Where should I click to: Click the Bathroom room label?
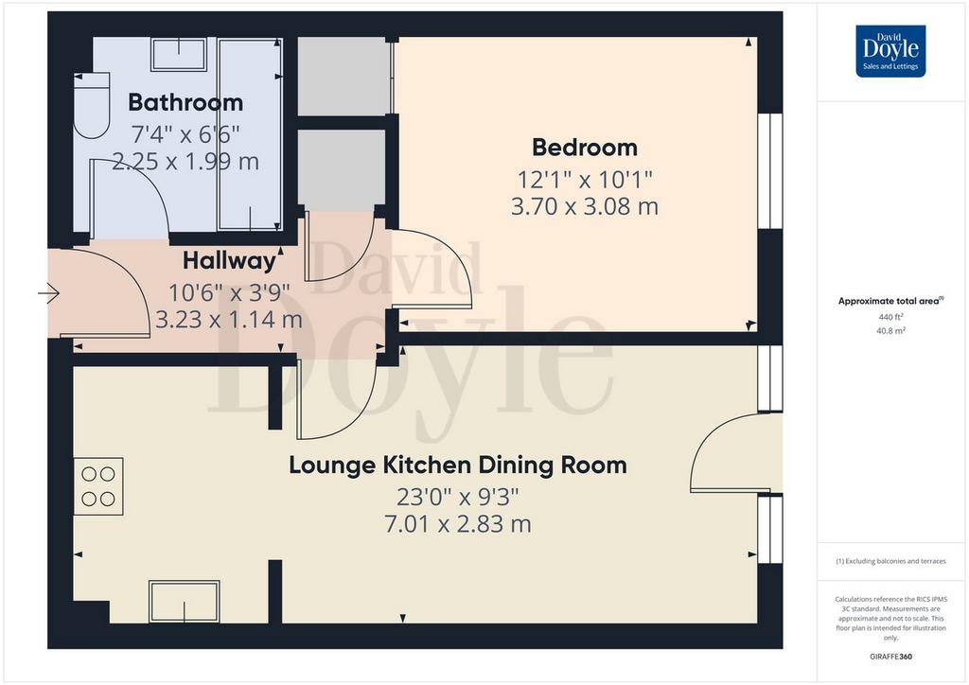[x=185, y=102]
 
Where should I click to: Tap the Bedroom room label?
[x=585, y=148]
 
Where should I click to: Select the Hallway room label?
[x=229, y=260]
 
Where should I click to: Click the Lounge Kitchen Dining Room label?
[x=458, y=465]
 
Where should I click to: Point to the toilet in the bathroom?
[x=92, y=105]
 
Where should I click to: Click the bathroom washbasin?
[x=179, y=54]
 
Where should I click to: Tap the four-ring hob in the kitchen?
[x=98, y=486]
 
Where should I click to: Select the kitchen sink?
[x=185, y=602]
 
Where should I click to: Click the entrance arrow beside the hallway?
[x=48, y=292]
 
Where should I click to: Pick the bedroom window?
[x=770, y=171]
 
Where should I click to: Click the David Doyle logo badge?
[x=890, y=51]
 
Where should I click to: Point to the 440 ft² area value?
[x=890, y=317]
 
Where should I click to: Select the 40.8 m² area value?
[x=890, y=330]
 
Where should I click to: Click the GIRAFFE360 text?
[x=890, y=656]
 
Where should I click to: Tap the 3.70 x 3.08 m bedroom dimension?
[x=585, y=206]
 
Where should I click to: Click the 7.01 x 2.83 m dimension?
[x=458, y=524]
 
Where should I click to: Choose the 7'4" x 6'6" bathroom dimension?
[x=185, y=132]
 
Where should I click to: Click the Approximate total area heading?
[x=890, y=302]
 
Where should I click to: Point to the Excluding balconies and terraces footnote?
[x=890, y=561]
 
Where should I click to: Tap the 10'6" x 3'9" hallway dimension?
[x=229, y=291]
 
